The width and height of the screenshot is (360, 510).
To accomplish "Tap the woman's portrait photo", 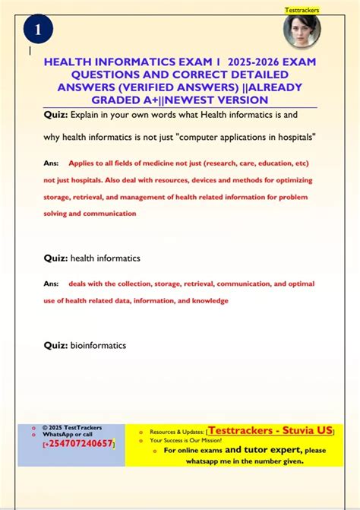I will coord(302,31).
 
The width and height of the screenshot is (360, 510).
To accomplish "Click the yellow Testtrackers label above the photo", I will coord(302,10).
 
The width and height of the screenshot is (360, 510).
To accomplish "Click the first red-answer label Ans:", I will coord(52,163).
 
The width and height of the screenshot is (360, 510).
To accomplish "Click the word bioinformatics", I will coord(98,345).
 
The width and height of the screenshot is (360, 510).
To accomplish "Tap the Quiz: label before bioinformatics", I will coord(55,345).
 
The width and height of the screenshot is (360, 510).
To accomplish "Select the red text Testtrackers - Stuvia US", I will coord(270,430).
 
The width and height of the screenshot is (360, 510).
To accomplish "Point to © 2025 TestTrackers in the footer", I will coord(72,427).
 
